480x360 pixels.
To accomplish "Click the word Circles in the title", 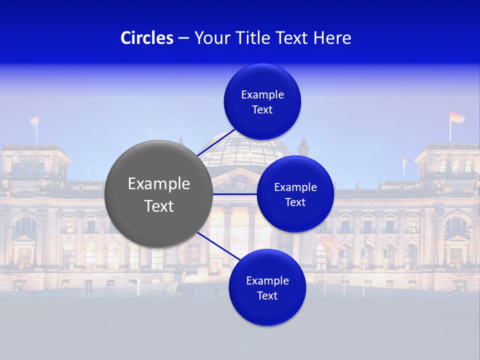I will coord(147,38).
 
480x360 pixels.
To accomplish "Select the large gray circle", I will coord(158,194).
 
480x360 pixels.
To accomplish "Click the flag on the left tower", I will coord(34,119).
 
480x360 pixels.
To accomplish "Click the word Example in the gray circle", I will coord(158,183).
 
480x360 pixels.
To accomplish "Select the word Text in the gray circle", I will coord(158,205).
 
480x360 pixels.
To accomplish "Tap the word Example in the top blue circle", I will coord(262,95).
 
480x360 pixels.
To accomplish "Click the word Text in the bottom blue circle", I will coord(267,295).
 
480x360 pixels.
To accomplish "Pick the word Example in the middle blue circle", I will coord(295,187).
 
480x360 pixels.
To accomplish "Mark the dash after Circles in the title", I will coord(183,38).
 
